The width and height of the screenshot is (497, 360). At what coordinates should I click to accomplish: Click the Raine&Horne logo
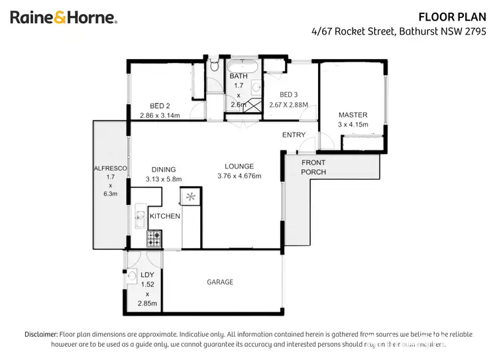point(64,18)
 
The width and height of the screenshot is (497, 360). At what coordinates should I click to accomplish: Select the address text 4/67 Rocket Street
point(352,30)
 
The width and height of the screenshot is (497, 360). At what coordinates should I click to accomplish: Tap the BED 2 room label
point(160,106)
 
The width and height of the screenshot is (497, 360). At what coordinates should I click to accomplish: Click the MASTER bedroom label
point(353,115)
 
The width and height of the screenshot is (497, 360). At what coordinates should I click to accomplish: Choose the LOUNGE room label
point(239,166)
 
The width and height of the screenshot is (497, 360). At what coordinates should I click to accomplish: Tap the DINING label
point(163,169)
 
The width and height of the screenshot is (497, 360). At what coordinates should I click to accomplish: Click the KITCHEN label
point(164,217)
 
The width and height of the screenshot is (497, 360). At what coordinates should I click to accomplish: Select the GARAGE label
point(220,282)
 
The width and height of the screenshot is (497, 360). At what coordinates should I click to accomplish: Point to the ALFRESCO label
point(110,169)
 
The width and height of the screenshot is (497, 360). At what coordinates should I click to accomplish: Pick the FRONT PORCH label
point(313,167)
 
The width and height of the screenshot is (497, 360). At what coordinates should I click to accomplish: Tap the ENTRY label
point(294,135)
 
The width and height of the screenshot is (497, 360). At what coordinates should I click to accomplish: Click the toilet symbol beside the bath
point(214,66)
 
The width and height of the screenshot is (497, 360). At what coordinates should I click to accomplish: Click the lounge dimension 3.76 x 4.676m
point(239,176)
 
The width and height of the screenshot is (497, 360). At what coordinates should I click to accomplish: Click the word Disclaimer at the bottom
point(41,334)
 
